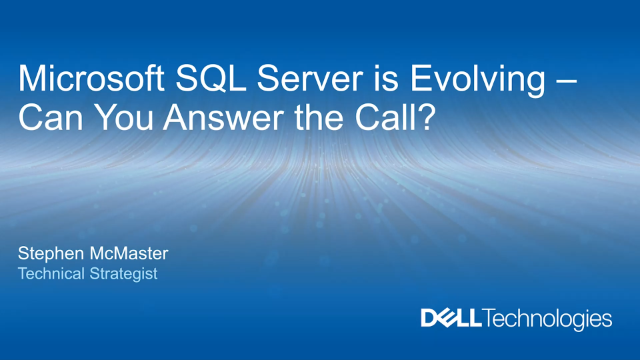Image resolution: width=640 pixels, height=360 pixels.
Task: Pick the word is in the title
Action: coord(372,79)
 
